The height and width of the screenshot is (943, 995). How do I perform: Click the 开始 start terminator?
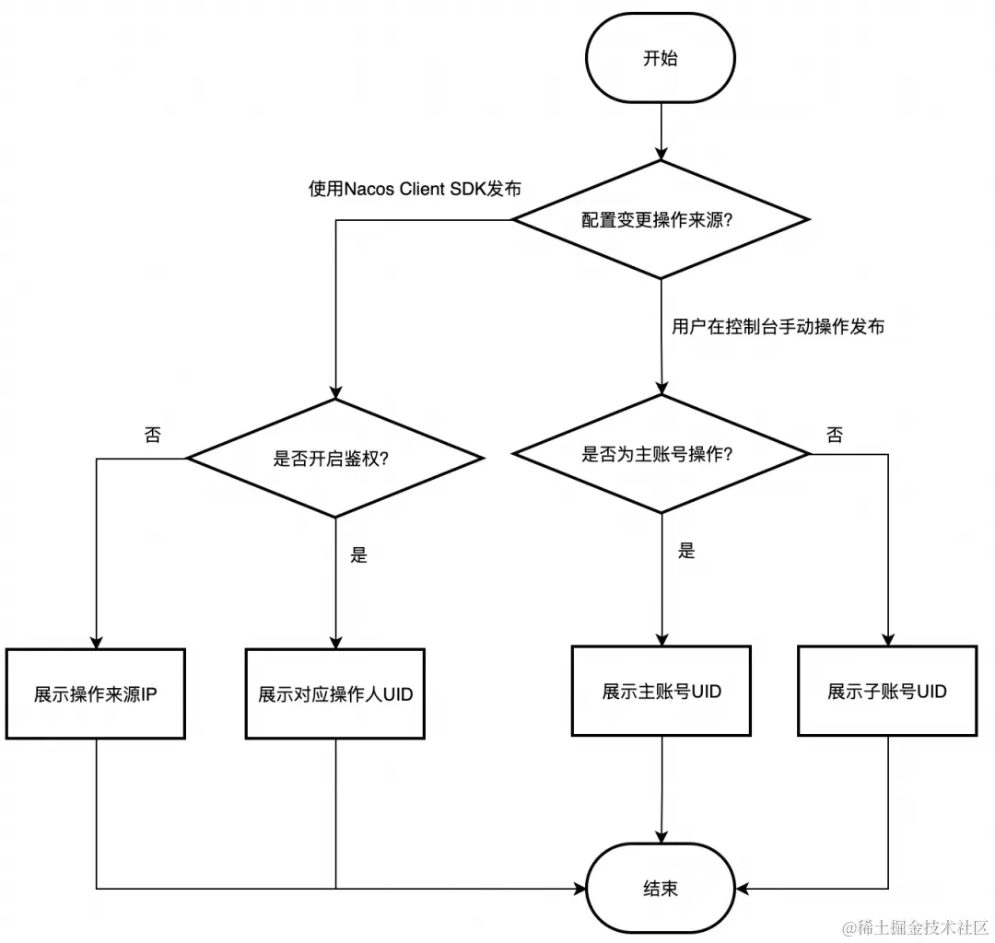tap(661, 58)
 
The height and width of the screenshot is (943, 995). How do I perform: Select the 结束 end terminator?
tap(661, 889)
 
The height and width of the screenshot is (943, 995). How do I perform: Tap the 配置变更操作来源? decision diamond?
tap(661, 220)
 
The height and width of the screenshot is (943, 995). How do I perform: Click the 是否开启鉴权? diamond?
tap(335, 458)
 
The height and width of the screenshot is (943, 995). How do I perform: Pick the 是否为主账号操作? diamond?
tap(661, 454)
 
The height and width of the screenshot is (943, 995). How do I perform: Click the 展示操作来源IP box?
tap(96, 694)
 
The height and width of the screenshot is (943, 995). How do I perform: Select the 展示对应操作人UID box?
tap(335, 694)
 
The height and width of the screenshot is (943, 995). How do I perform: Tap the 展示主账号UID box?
tap(661, 691)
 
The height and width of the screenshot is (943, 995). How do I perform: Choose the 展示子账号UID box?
tap(887, 691)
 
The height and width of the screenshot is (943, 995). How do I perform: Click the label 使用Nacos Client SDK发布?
tap(415, 189)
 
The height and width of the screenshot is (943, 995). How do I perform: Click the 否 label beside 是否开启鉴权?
tap(152, 436)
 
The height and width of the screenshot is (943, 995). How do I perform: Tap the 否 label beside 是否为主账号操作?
tap(834, 436)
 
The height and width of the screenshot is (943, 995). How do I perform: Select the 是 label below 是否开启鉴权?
tap(359, 554)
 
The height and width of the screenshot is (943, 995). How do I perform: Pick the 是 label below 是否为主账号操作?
tap(686, 551)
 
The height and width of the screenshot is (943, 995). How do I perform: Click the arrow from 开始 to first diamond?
tap(661, 129)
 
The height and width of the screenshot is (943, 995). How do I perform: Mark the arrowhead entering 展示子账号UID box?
tap(887, 637)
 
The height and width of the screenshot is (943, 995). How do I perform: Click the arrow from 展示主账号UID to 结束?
tap(661, 792)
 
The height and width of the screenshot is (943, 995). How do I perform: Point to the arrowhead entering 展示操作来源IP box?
tap(96, 641)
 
